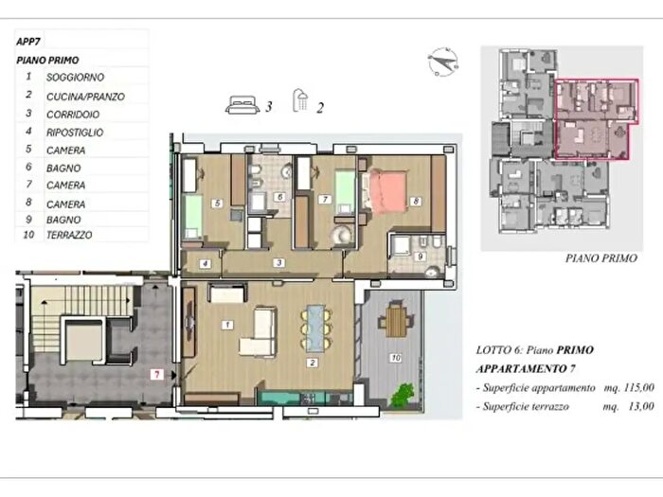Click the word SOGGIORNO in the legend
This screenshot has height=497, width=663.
click(75, 78)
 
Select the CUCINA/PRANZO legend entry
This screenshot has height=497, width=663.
click(85, 97)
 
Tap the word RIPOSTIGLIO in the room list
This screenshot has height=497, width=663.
click(75, 133)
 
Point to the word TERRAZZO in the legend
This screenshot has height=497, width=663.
click(69, 235)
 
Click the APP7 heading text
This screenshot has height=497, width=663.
click(28, 42)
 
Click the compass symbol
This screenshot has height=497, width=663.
click(442, 62)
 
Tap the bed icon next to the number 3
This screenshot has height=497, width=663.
click(242, 105)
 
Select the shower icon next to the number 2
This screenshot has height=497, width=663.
click(300, 100)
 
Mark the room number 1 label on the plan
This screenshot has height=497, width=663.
click(227, 325)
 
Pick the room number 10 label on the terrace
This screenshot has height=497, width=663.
click(395, 358)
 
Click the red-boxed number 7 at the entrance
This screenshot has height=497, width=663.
click(157, 375)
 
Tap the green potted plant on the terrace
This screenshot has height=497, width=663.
click(403, 395)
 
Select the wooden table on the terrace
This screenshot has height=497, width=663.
click(396, 320)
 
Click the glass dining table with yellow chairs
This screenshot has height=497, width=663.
click(316, 328)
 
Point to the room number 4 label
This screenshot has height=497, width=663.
click(206, 264)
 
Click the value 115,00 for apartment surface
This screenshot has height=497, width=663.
click(638, 387)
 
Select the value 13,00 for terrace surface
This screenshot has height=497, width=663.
click(641, 406)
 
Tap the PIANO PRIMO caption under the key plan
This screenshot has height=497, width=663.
click(601, 258)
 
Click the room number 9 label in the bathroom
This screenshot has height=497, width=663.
click(420, 257)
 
